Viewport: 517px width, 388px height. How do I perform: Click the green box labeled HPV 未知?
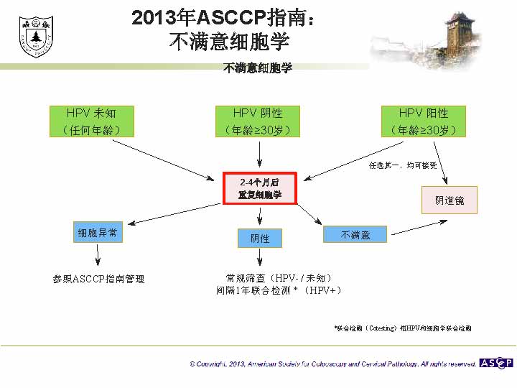90,121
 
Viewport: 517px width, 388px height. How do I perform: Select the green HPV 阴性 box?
258,121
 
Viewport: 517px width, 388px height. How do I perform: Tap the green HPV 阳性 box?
424,121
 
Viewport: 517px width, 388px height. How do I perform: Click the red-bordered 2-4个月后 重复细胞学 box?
259,188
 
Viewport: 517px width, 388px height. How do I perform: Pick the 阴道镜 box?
450,200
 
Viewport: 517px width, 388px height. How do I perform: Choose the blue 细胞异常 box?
98,233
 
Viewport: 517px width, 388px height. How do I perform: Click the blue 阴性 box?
259,238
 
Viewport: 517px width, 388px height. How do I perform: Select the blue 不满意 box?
355,234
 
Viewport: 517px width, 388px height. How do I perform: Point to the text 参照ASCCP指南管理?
98,279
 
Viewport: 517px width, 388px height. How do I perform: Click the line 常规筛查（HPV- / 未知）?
279,277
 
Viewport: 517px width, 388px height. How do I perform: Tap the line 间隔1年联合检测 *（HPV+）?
279,290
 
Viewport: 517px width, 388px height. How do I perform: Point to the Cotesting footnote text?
403,328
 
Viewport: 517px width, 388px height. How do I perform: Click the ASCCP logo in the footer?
496,363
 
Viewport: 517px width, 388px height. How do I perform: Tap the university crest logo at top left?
33,36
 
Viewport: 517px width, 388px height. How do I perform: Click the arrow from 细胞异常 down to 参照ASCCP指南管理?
98,254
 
